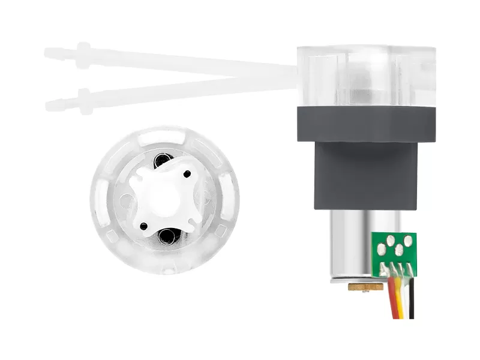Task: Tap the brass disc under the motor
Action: pyautogui.click(x=366, y=287)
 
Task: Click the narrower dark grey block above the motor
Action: pyautogui.click(x=366, y=177)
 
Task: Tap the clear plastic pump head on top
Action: pyautogui.click(x=366, y=75)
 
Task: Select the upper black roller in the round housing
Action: pyautogui.click(x=162, y=160)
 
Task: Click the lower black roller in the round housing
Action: pyautogui.click(x=166, y=237)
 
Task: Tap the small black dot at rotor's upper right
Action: pyautogui.click(x=187, y=174)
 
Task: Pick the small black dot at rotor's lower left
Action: pyautogui.click(x=144, y=226)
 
